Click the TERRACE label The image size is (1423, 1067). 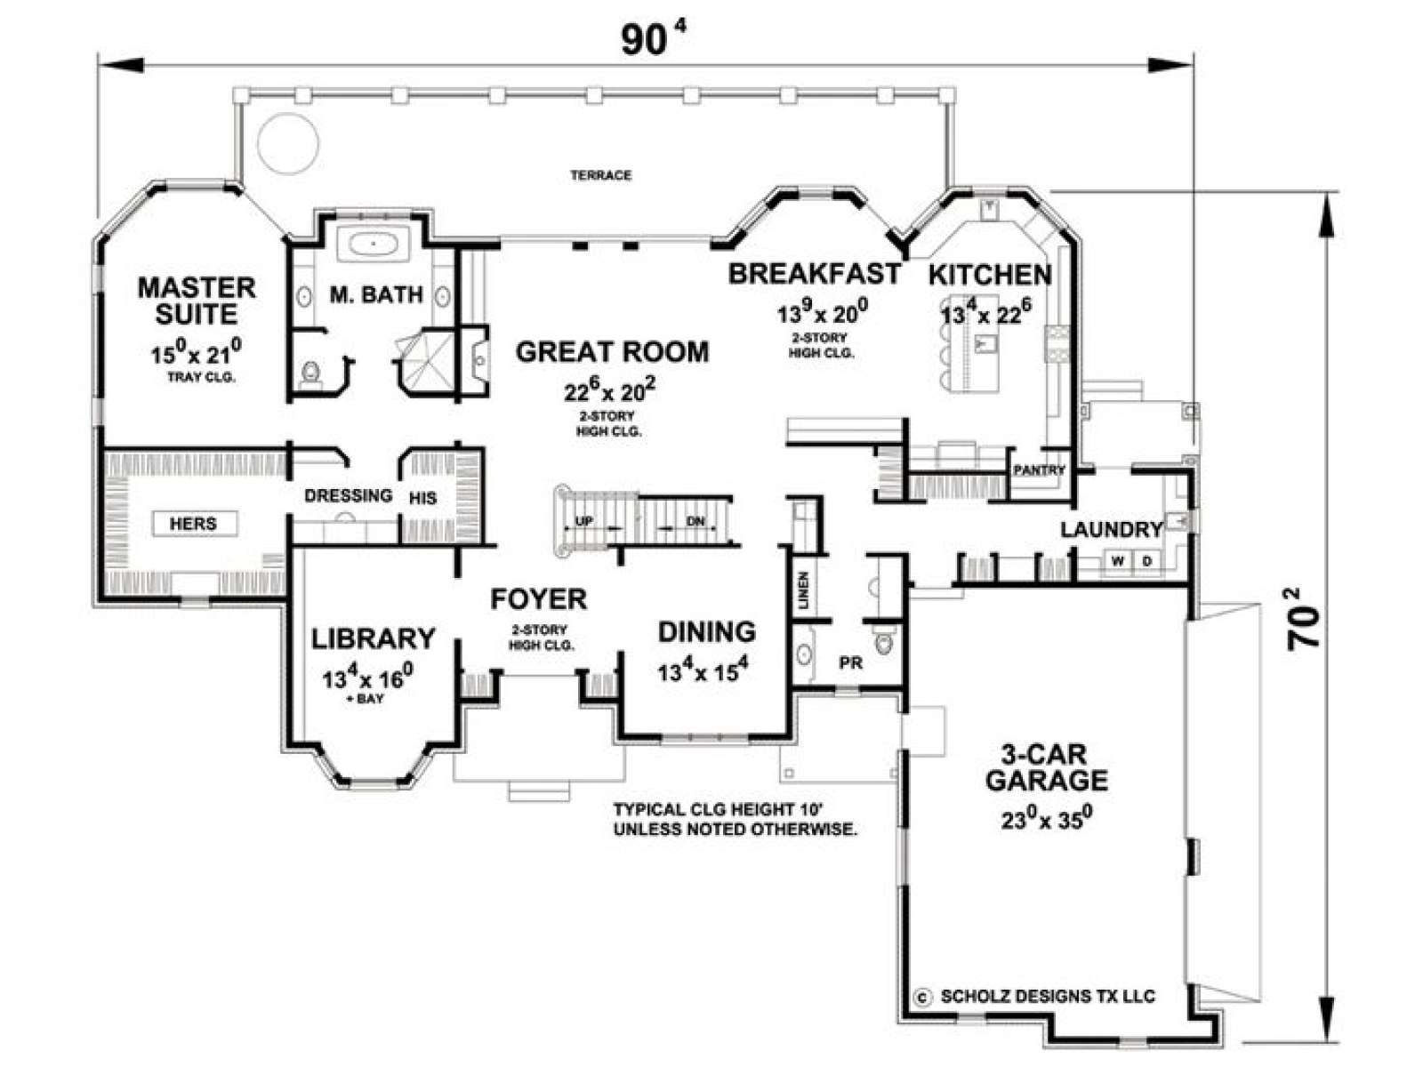pos(600,175)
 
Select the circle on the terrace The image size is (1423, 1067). pos(288,143)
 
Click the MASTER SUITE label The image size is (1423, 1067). pos(197,301)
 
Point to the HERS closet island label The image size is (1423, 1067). pos(193,523)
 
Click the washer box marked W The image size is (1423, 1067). pos(1117,561)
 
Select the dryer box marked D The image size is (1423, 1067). pos(1146,561)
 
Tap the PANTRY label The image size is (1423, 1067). pos(1039,469)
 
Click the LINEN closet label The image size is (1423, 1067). pos(804,590)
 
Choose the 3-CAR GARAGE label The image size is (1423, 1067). pos(1046,767)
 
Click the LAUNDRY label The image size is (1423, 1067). pos(1112,529)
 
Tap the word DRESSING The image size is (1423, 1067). pos(349,495)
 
